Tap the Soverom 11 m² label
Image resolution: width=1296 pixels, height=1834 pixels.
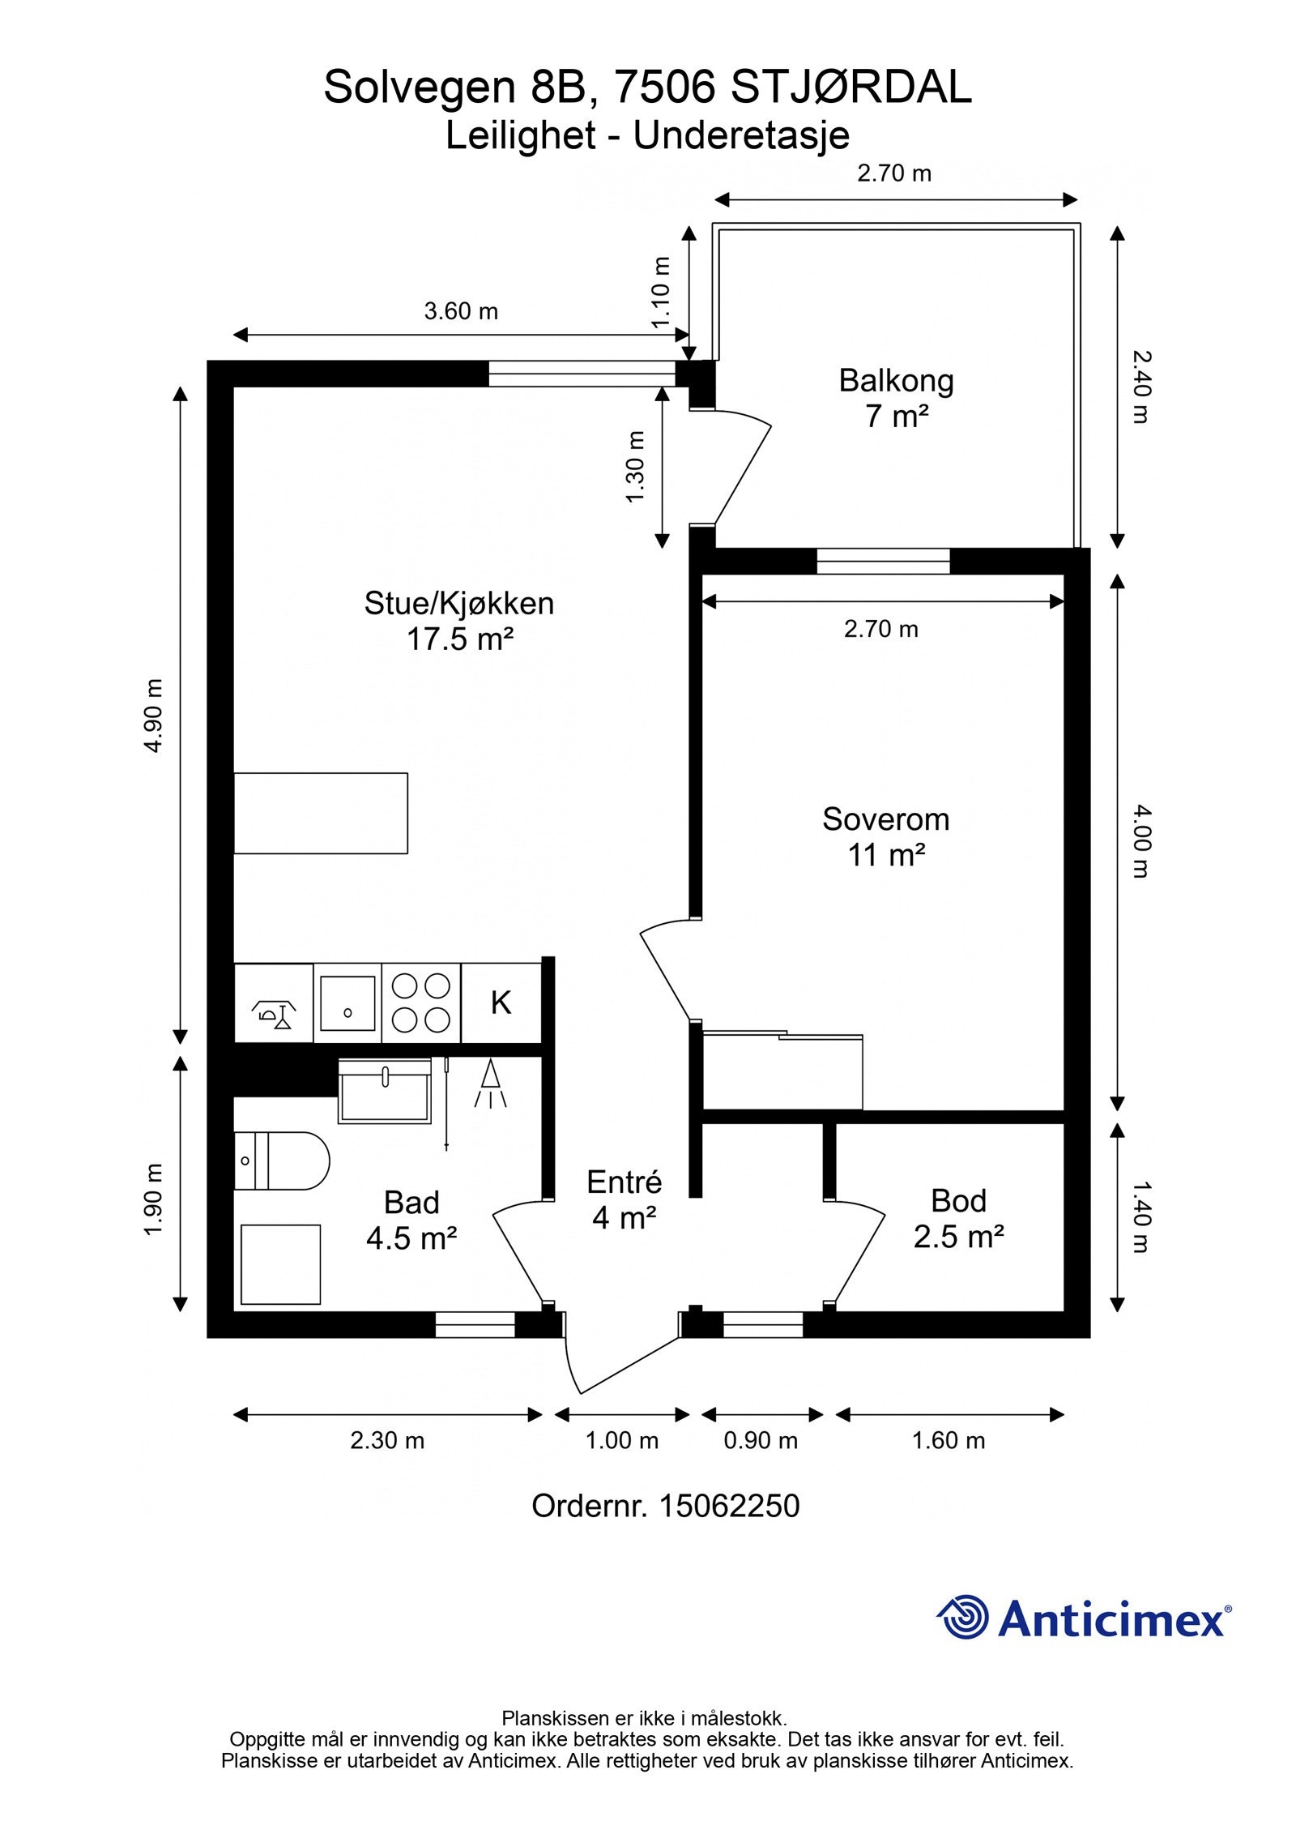coord(885,836)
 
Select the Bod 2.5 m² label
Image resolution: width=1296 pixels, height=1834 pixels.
coord(958,1218)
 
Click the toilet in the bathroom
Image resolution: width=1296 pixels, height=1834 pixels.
coord(281,1161)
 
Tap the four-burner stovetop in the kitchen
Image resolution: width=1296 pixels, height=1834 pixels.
coord(420,1002)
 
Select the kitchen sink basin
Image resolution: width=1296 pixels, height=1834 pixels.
coord(347,1003)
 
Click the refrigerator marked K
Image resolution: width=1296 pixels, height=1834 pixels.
coord(501,1003)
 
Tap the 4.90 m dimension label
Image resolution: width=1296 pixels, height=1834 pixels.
coord(154,716)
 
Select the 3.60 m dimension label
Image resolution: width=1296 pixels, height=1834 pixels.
coord(461,311)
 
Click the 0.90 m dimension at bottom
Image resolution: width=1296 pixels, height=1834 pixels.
coord(760,1441)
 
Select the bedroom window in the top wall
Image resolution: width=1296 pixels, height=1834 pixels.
coord(882,561)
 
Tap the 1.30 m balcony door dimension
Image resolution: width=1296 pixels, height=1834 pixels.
coord(637,466)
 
